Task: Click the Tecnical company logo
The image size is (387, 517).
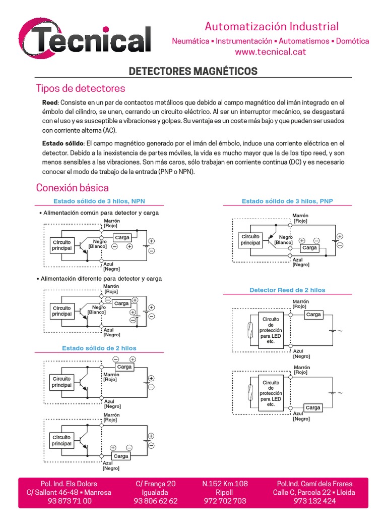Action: pos(85,37)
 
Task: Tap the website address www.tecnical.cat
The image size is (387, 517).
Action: pos(271,51)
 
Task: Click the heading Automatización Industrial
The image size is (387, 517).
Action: pos(271,26)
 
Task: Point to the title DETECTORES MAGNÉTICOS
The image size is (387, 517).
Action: pos(193,71)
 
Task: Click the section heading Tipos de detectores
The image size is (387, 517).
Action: pos(81,88)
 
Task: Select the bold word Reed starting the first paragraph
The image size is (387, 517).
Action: pos(50,102)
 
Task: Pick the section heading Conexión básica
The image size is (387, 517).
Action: pos(72,188)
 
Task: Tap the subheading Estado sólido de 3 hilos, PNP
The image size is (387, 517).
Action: pos(287,201)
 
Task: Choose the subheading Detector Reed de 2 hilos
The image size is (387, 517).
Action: pos(287,290)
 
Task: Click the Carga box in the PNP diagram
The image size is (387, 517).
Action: pos(309,248)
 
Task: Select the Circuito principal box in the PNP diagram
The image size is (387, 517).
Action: pos(250,240)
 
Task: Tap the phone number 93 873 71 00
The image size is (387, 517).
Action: pos(69,501)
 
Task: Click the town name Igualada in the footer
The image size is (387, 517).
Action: pos(156,492)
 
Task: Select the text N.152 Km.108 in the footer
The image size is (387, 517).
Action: pos(225,484)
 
